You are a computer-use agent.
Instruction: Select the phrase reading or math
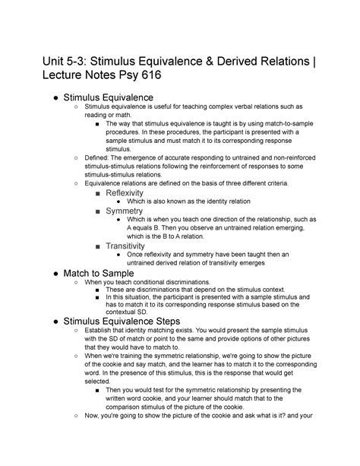pos(116,116)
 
